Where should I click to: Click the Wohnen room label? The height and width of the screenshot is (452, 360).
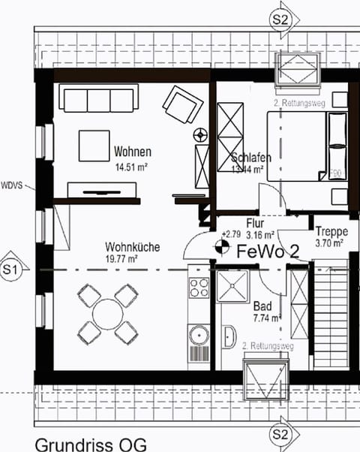133,152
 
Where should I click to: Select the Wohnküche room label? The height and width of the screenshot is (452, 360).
131,246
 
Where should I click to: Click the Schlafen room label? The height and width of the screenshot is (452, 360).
250,158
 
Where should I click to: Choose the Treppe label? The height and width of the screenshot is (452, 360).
330,231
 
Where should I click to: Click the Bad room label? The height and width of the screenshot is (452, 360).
262,306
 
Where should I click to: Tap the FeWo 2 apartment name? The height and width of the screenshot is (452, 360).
268,252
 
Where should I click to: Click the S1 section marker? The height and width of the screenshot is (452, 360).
10,268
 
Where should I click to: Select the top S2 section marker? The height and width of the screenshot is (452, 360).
280,20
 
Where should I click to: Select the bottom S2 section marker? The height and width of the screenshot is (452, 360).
280,434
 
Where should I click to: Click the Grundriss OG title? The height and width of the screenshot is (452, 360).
85,443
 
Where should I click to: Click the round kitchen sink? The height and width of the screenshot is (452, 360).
198,333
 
